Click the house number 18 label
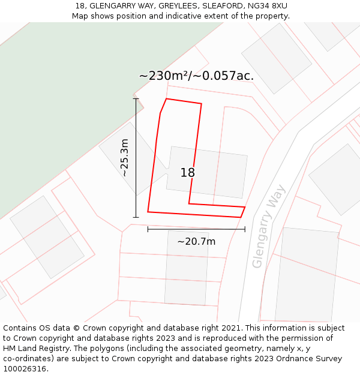tap(188, 173)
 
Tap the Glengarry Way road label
tap(268, 226)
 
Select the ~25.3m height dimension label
tap(124, 157)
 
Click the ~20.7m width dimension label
tap(196, 241)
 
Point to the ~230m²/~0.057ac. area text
tap(196, 76)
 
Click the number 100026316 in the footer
tap(25, 369)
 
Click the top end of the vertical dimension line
tap(136, 99)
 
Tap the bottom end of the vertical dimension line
tap(136, 217)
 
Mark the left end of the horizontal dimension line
tap(148, 229)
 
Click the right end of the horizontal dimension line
tap(245, 229)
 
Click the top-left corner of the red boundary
tap(166, 99)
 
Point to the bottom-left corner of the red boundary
tap(148, 212)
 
